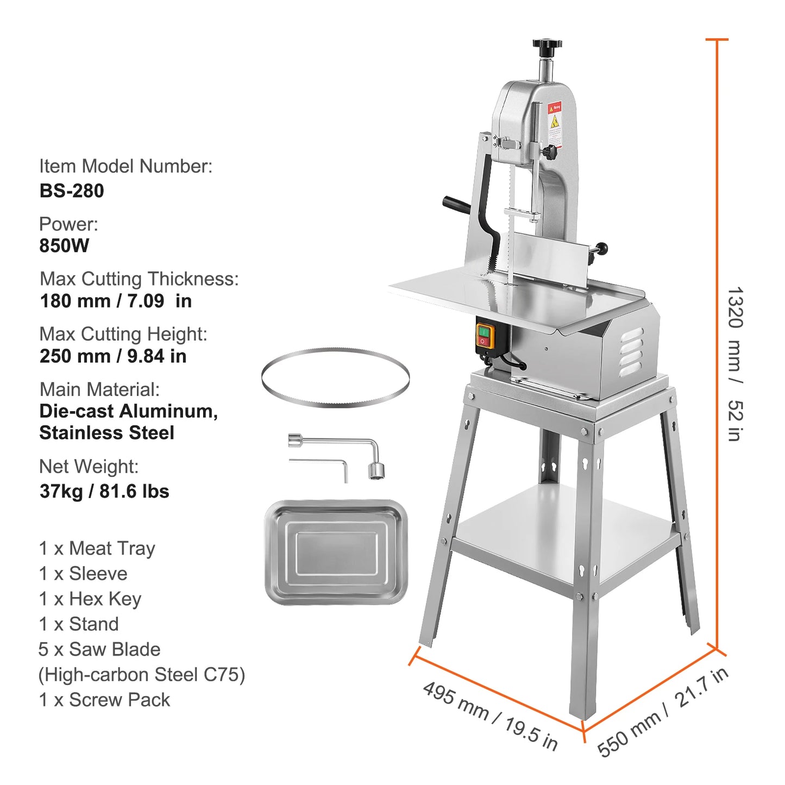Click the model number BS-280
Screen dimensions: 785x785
pyautogui.click(x=72, y=191)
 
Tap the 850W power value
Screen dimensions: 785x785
pyautogui.click(x=64, y=246)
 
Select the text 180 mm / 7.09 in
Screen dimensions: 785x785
pyautogui.click(x=116, y=301)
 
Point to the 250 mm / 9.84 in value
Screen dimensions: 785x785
pyautogui.click(x=113, y=356)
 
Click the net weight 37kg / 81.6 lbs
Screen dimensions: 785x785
pyautogui.click(x=104, y=491)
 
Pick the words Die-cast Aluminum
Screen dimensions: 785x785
pyautogui.click(x=128, y=411)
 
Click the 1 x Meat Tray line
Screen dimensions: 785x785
pyautogui.click(x=97, y=549)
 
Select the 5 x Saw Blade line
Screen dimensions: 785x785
pyautogui.click(x=99, y=649)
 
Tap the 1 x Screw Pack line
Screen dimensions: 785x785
pyautogui.click(x=104, y=700)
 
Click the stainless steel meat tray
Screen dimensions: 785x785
pyautogui.click(x=336, y=552)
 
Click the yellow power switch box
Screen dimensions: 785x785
pyautogui.click(x=484, y=336)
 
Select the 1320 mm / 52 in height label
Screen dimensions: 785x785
pyautogui.click(x=735, y=364)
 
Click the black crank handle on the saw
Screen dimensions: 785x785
pyautogui.click(x=456, y=206)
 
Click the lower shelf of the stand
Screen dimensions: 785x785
pyautogui.click(x=565, y=532)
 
